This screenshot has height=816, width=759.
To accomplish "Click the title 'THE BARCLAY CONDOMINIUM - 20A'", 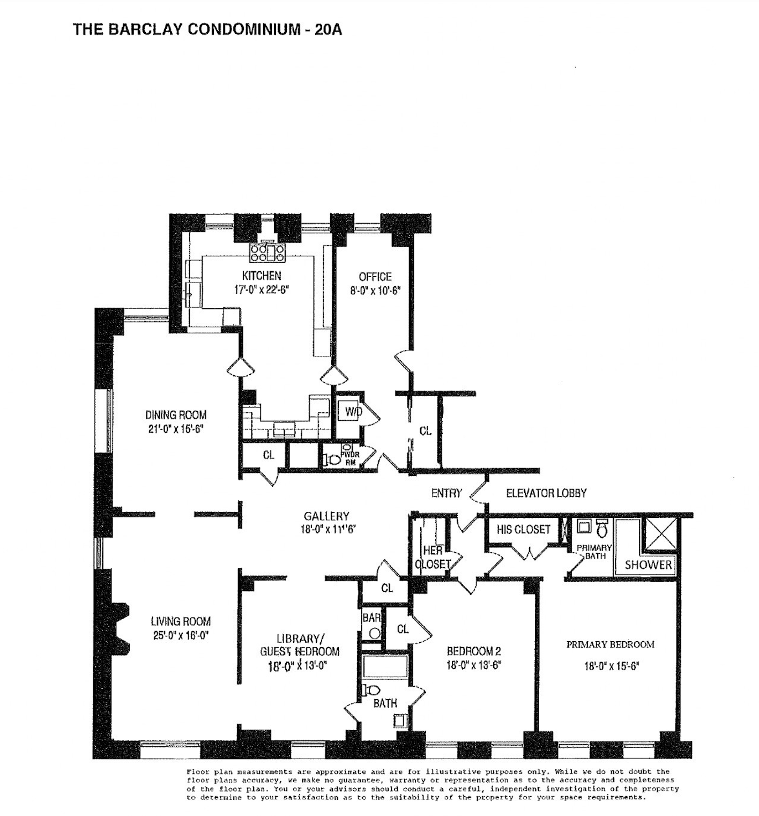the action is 207,29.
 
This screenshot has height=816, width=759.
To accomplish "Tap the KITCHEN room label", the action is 262,276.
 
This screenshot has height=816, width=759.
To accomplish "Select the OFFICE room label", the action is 375,277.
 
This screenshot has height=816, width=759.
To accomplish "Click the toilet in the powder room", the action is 333,459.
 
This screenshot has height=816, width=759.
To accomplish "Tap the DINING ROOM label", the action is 176,415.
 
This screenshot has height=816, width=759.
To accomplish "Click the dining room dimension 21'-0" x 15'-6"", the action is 176,429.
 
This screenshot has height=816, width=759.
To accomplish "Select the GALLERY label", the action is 326,516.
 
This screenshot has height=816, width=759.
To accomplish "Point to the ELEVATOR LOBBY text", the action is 546,493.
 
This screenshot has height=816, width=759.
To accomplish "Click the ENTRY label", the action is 447,493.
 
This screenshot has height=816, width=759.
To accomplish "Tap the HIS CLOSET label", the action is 523,530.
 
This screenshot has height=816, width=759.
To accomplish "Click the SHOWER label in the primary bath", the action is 648,565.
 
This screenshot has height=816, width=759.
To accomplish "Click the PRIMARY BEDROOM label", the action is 611,644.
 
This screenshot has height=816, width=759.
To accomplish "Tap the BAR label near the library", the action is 371,618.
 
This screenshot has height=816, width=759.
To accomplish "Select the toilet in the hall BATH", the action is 370,690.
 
